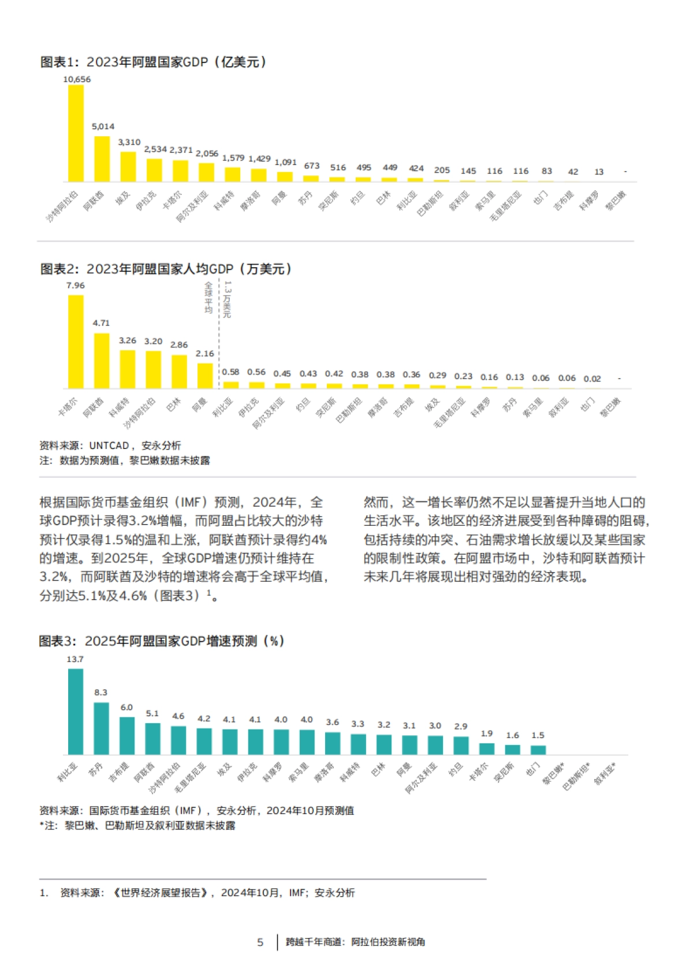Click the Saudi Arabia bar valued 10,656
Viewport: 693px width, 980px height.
coord(76,133)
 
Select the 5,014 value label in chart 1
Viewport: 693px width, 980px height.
coord(103,126)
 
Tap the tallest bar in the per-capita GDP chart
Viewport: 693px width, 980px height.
coord(76,342)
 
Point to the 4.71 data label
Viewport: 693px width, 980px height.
coord(101,323)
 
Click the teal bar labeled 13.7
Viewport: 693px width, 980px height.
coord(76,712)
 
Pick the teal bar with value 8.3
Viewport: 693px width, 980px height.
coord(101,728)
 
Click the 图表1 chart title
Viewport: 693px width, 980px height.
coord(153,62)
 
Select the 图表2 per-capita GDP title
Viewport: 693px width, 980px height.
coord(166,269)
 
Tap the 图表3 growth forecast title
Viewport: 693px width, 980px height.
coord(162,641)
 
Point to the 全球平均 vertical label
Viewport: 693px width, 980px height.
coord(208,298)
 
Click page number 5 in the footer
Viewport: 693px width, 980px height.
coord(260,942)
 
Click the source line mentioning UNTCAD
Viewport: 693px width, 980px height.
coord(110,446)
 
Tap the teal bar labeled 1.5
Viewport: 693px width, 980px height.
coord(538,750)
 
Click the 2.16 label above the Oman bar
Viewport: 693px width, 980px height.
coord(204,354)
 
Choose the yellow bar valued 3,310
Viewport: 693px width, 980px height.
coord(128,167)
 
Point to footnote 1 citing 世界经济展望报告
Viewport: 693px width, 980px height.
coord(198,893)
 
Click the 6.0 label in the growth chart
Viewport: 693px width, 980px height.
coord(126,708)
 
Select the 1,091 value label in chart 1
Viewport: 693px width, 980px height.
coord(285,163)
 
